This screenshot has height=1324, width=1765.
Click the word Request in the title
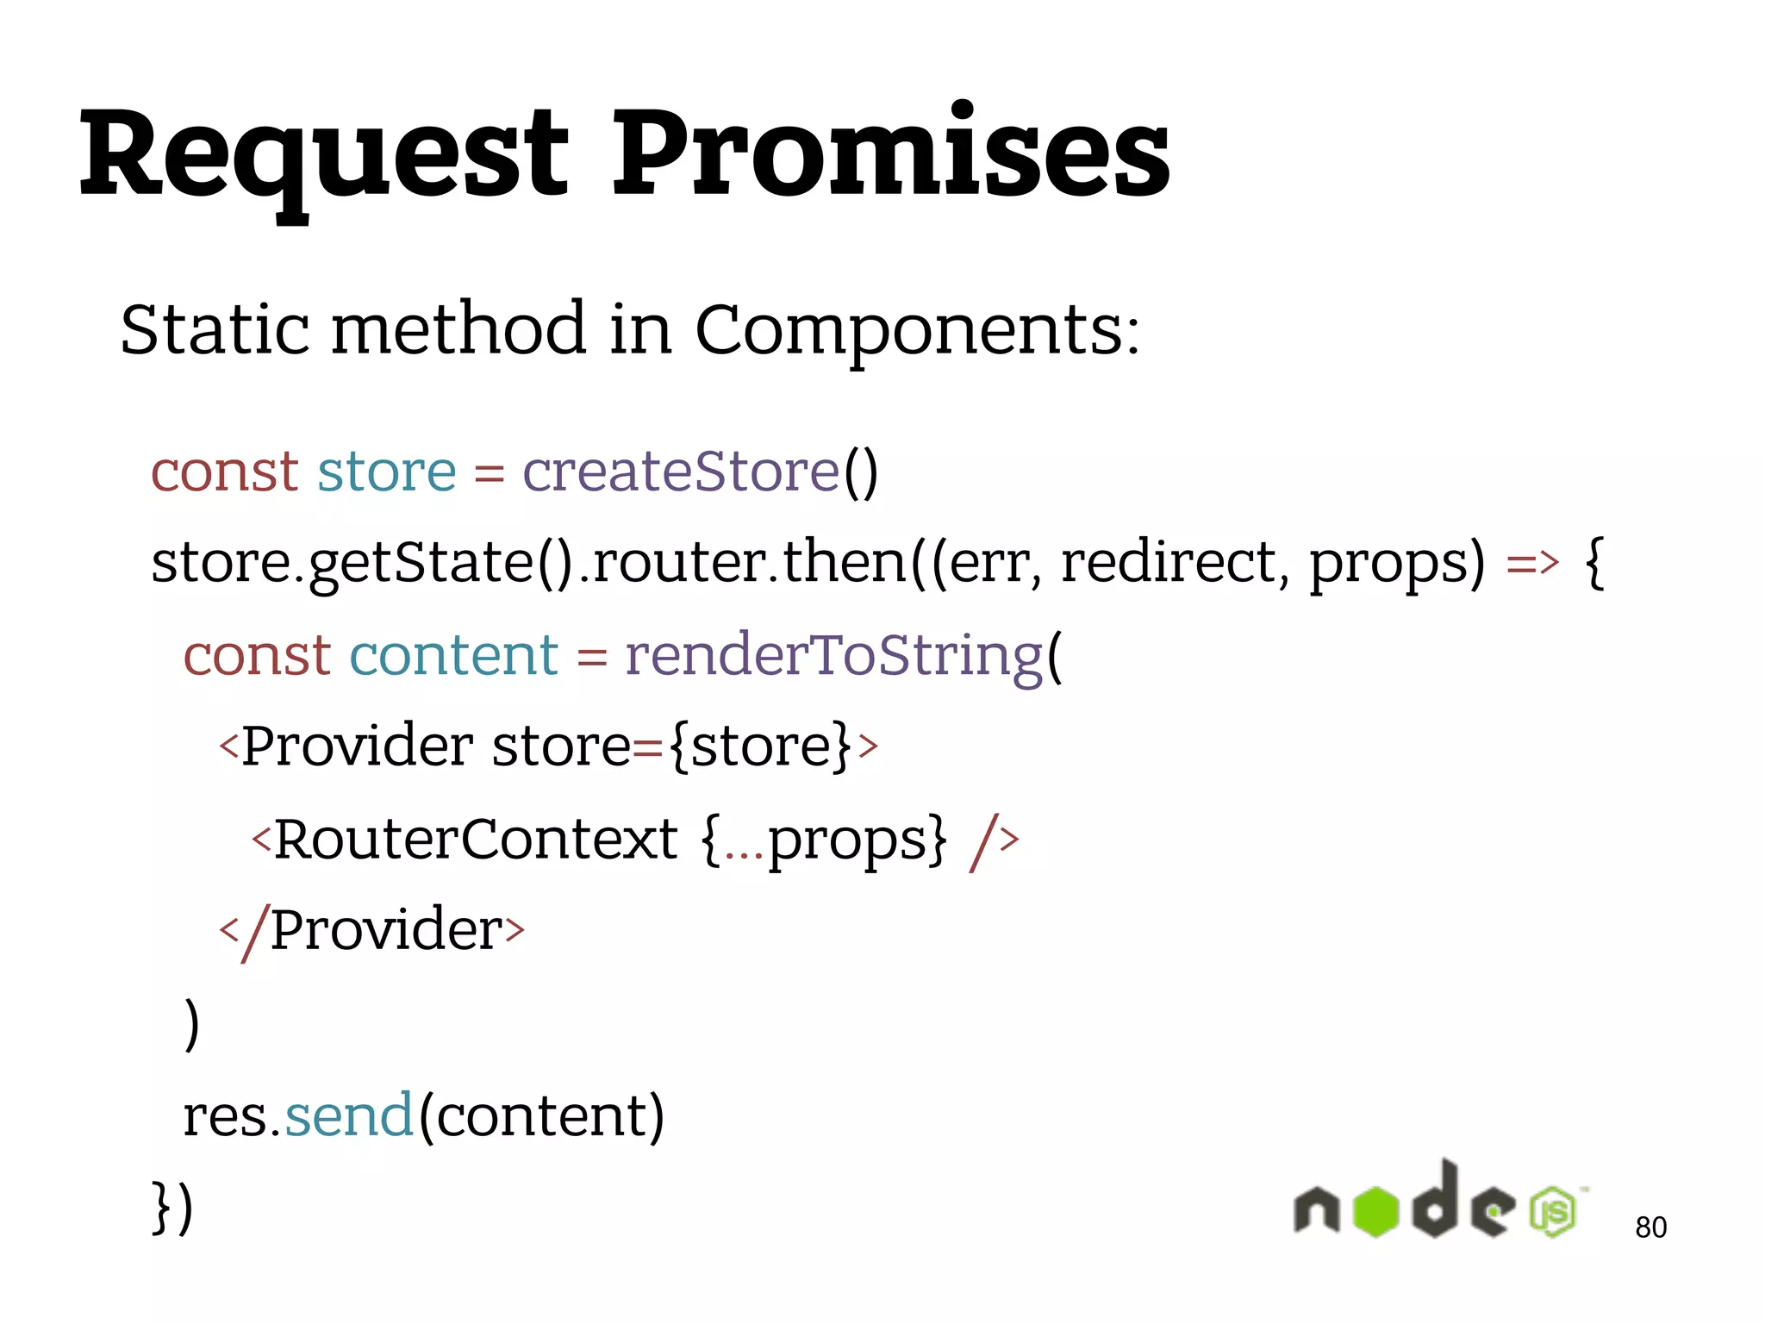[323, 155]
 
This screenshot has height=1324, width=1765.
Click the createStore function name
[681, 472]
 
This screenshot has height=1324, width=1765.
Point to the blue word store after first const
[386, 473]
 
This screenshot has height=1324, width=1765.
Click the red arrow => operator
[1532, 563]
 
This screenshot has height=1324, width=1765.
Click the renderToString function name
[833, 655]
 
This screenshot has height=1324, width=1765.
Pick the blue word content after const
[453, 655]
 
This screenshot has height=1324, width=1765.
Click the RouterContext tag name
[475, 839]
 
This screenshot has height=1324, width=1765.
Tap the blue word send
[349, 1115]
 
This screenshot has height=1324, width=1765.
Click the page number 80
[1650, 1227]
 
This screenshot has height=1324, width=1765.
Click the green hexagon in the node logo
[1375, 1211]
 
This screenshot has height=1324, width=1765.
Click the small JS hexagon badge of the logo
[1553, 1212]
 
